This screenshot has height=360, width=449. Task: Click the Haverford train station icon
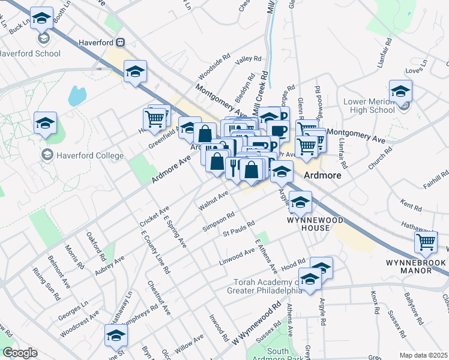[x=121, y=43]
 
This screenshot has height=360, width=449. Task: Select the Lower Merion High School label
[x=369, y=106]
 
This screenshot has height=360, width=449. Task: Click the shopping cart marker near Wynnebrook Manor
[x=426, y=242]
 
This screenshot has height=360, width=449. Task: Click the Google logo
[x=20, y=353]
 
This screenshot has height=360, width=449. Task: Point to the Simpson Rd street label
[x=218, y=221]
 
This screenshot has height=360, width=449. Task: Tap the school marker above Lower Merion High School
[x=400, y=91]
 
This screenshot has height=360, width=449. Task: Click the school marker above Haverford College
[x=45, y=123]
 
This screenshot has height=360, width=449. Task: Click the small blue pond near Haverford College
[x=76, y=95]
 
